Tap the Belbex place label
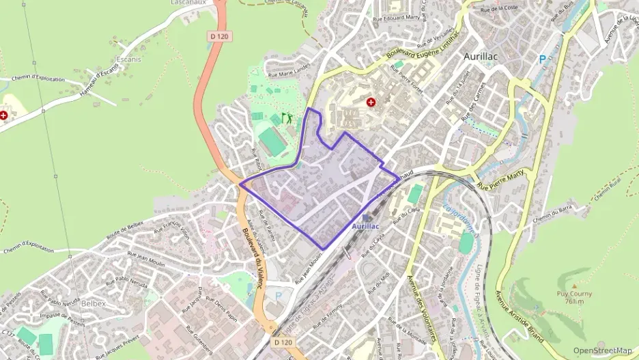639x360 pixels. [x=93, y=302]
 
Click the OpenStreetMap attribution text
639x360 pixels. [x=602, y=350]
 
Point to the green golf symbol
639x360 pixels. [x=287, y=118]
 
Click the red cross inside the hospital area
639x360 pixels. [x=371, y=102]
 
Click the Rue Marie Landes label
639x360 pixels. [x=289, y=70]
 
